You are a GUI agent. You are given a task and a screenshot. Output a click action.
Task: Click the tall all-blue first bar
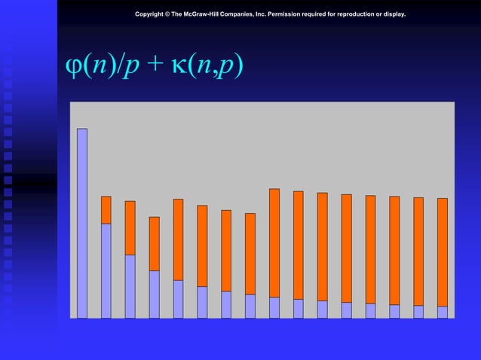[82, 223]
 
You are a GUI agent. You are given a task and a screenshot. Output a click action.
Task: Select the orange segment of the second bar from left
[106, 210]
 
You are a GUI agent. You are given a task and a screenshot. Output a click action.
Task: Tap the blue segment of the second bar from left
[106, 271]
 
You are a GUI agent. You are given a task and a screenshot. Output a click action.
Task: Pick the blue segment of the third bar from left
[130, 286]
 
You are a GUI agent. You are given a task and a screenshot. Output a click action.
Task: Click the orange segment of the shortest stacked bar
[155, 244]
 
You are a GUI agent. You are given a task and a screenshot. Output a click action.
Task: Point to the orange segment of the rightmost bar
[443, 252]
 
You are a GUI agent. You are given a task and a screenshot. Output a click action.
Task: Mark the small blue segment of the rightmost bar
[443, 312]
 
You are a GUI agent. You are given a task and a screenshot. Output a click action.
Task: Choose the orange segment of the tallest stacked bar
[274, 243]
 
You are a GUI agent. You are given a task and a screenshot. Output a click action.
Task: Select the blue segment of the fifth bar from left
[179, 299]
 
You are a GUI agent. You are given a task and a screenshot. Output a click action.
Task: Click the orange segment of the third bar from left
[130, 227]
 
